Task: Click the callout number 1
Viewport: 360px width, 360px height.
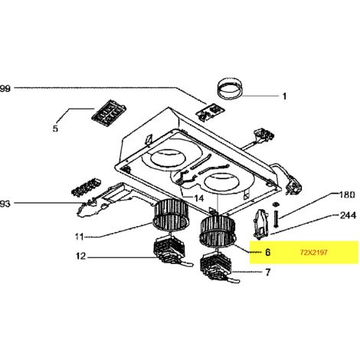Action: point(284,97)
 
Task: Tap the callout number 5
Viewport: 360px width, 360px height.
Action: point(55,129)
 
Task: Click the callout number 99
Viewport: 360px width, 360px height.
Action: point(5,89)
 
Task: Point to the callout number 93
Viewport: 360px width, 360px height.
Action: point(5,204)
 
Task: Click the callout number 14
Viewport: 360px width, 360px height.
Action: point(198,198)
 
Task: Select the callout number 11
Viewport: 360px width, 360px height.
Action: point(80,237)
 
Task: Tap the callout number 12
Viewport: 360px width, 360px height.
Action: point(80,256)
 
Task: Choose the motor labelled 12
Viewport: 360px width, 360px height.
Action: point(170,250)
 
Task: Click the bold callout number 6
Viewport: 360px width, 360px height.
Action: point(267,252)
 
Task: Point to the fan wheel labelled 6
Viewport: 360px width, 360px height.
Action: point(218,231)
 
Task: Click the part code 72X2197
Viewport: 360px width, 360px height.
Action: point(314,253)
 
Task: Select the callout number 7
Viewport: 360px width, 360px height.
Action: point(267,273)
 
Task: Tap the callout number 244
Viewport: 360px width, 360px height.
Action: point(348,215)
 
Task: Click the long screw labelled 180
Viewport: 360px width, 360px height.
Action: point(276,218)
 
